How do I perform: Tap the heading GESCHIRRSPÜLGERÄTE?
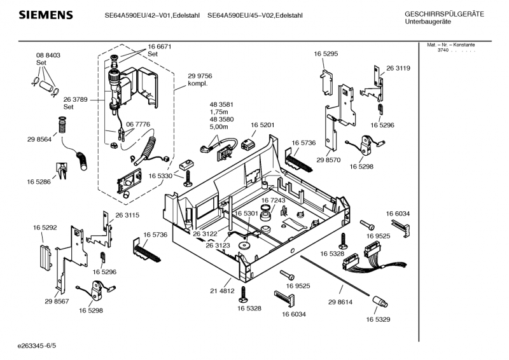click(x=443, y=14)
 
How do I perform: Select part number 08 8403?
click(x=48, y=56)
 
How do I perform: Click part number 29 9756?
click(x=200, y=76)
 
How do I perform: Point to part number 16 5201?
click(x=262, y=125)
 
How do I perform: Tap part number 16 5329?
click(x=378, y=320)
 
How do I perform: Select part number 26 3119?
click(x=398, y=68)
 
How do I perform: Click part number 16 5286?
click(x=39, y=183)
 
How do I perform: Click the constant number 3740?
click(x=443, y=50)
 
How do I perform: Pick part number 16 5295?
click(x=325, y=55)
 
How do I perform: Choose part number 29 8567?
click(x=57, y=300)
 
